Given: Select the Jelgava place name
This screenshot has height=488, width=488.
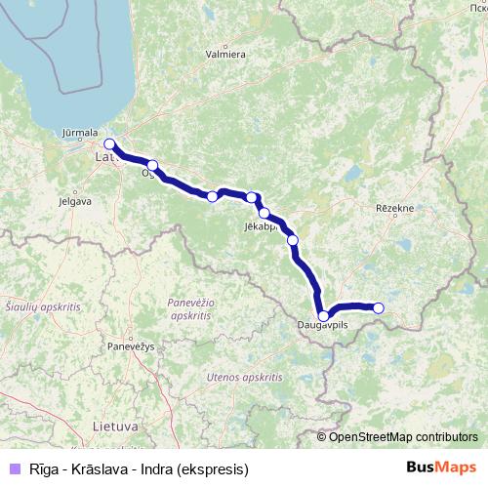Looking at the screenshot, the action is (75, 202).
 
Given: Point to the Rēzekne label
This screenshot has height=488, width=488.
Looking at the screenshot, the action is (395, 208).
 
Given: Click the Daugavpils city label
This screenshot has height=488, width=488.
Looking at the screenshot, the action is (323, 327).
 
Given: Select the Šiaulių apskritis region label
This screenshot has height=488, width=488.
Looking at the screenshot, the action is (42, 306).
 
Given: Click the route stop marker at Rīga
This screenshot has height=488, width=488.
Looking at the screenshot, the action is (109, 144).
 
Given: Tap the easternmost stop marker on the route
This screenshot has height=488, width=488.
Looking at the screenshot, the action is (379, 308).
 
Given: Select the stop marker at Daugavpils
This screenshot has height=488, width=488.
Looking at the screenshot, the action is (323, 315).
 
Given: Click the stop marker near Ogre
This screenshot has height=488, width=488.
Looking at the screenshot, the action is (152, 165).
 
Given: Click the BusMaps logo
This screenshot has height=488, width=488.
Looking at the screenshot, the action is (442, 468).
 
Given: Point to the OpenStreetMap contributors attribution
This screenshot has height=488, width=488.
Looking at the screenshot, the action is (403, 436).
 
